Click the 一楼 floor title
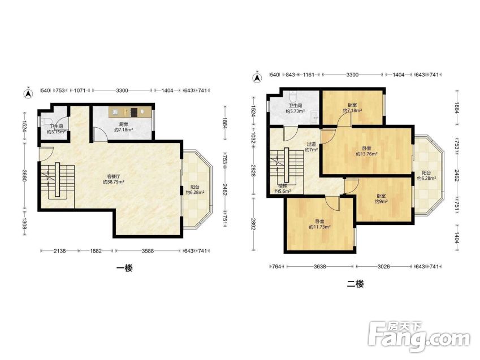pos(124,268)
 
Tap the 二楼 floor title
pos(355,284)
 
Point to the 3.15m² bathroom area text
pos(57,132)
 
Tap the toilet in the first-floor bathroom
pos(46,122)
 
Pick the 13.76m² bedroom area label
pos(366,154)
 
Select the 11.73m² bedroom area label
pos(319,227)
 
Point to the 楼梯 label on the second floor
pos(283,186)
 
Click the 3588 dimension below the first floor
pos(148,251)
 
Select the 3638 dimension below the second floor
pos(319,267)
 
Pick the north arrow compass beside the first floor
pos(28,93)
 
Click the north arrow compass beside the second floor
pos(257,77)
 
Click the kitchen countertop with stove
pos(130,112)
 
